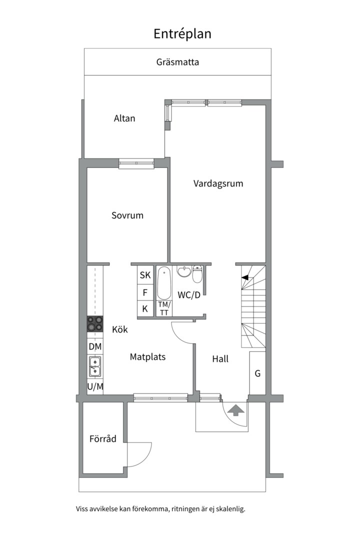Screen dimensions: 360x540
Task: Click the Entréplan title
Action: (182, 34)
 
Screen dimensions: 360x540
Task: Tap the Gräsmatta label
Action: (178, 62)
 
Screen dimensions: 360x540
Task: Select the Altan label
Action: (124, 118)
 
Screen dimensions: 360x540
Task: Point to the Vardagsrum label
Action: (218, 183)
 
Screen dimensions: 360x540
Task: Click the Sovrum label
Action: (127, 215)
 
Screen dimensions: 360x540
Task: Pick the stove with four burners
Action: (94, 324)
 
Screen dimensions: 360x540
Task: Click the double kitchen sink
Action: (95, 366)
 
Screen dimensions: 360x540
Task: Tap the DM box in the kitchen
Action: (95, 346)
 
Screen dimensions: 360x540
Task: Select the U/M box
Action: (95, 386)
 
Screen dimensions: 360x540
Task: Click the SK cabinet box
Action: (145, 275)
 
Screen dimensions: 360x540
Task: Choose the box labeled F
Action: (145, 292)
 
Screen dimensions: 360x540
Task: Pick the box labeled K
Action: (145, 308)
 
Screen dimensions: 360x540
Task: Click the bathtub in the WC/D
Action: (164, 283)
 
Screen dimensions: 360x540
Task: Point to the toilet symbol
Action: (197, 273)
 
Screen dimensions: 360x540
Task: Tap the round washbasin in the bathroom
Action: (184, 271)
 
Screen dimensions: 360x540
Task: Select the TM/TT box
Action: (164, 308)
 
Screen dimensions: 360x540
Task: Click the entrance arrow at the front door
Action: (236, 410)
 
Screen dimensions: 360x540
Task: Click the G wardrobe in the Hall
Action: (257, 373)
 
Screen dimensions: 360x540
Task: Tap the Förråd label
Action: (102, 439)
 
